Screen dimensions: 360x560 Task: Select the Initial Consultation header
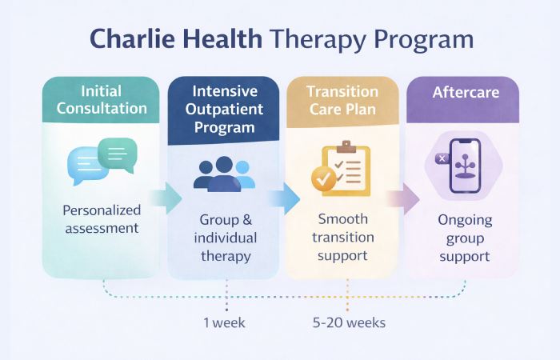[x=101, y=100]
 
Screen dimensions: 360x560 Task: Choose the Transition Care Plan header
[x=342, y=100]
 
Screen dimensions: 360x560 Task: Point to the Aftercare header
[x=466, y=93]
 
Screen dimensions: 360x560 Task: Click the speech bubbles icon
[x=102, y=158]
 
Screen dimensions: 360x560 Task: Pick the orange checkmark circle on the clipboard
[x=325, y=179]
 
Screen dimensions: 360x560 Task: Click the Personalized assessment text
[x=101, y=218]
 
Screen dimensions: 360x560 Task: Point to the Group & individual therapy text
[x=226, y=238]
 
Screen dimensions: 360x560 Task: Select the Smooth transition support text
[x=342, y=238]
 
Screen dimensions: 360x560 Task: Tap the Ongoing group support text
[x=465, y=238]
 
